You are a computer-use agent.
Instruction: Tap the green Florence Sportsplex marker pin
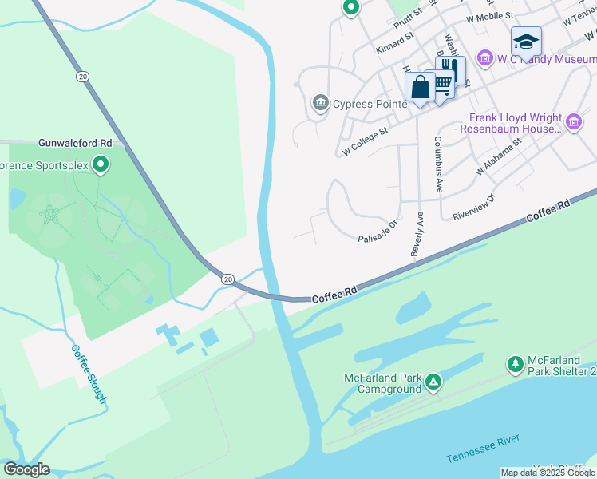click(x=100, y=165)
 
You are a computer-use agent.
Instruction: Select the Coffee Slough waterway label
click(x=89, y=374)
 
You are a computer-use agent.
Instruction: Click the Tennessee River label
click(x=483, y=449)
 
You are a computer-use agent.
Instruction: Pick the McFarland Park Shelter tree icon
click(x=516, y=365)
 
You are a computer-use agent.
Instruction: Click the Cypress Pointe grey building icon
click(x=320, y=104)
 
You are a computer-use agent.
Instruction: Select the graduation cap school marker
click(x=526, y=41)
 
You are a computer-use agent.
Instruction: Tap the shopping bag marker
click(x=420, y=85)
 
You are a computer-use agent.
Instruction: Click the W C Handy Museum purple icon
click(x=484, y=57)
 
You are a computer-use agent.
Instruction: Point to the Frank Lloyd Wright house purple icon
click(x=574, y=122)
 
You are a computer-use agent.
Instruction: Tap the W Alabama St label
click(x=498, y=156)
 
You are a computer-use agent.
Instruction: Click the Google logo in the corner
click(x=26, y=469)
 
